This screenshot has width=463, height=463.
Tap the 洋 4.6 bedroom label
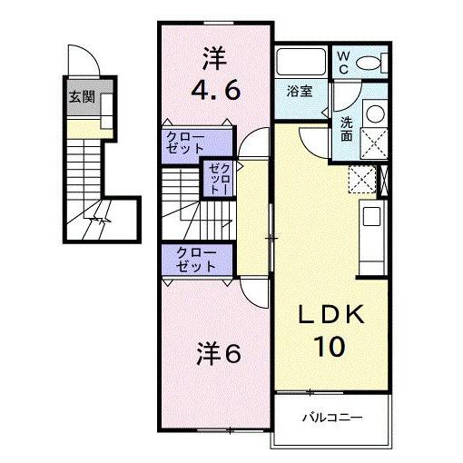click(216, 76)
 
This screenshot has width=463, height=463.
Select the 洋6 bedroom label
click(218, 354)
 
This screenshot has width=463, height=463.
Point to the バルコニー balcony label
click(332, 419)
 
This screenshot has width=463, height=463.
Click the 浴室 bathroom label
click(300, 92)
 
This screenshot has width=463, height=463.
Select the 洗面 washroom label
click(347, 129)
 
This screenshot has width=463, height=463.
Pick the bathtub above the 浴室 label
click(301, 63)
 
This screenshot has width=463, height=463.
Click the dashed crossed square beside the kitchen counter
click(361, 181)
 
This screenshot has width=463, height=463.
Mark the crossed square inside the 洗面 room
click(373, 143)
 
